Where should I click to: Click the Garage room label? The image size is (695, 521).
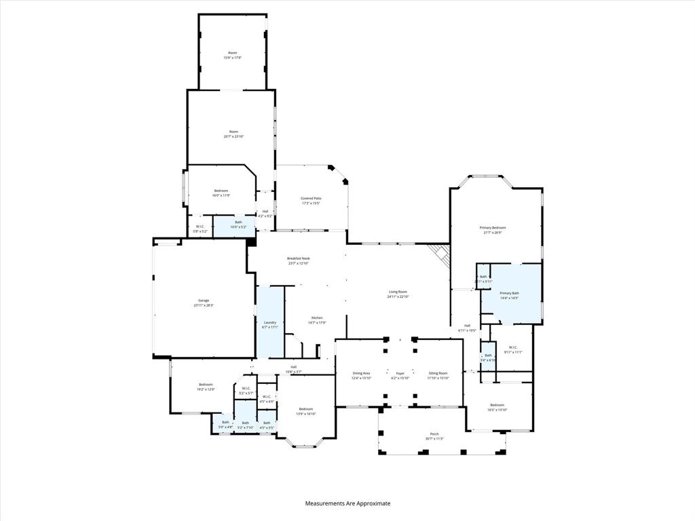coord(204,303)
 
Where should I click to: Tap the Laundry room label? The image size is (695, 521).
coord(270,324)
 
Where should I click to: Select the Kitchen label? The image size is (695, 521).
coord(317,320)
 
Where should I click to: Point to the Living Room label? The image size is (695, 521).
coord(398,294)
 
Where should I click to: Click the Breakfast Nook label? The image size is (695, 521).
coord(298,260)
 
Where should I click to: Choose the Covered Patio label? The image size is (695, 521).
coord(311,200)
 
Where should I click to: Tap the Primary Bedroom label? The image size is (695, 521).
coord(493,229)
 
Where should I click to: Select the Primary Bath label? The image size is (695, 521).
coord(509,295)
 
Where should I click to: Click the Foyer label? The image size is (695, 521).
coord(400,375)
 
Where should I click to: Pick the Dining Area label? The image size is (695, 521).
coord(361,375)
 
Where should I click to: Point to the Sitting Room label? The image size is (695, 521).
coord(438,375)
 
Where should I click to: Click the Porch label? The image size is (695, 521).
coord(434,436)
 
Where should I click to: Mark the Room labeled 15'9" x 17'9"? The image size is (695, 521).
coord(233,55)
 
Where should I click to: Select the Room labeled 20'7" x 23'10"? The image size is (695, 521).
coord(233,134)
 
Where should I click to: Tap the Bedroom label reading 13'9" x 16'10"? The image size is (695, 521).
coord(306,411)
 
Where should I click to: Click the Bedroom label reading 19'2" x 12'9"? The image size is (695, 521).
coord(206,387)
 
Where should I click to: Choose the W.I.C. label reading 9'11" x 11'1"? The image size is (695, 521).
coord(513,349)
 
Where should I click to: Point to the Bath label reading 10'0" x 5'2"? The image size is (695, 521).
coord(238,224)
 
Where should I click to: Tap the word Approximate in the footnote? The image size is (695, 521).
coord(371,503)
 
